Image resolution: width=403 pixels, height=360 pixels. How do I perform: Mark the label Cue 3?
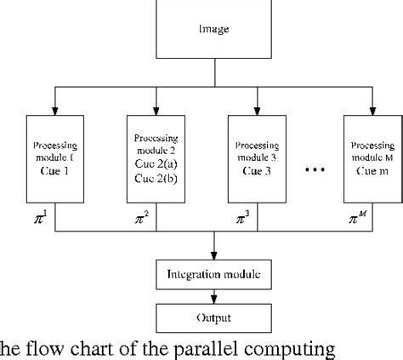257,169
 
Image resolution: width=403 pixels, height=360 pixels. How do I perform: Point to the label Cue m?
370,169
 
